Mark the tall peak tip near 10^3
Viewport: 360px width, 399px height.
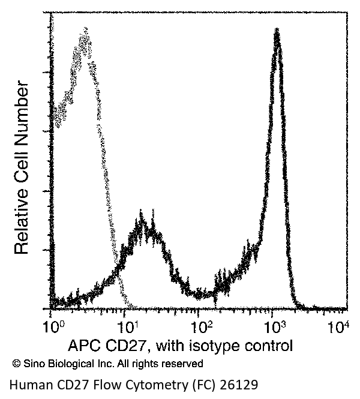point(277,30)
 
